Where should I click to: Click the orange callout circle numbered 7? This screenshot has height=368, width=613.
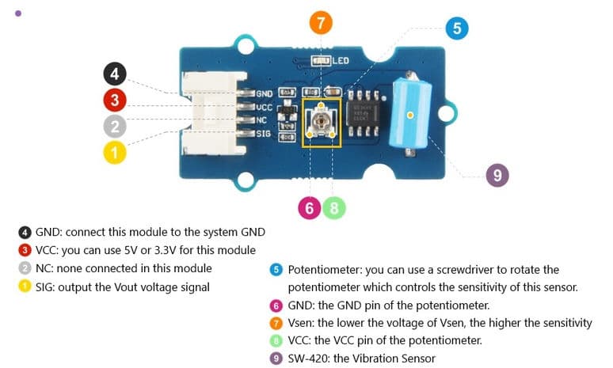[x=320, y=23]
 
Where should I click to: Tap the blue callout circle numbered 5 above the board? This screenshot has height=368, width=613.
[x=456, y=29]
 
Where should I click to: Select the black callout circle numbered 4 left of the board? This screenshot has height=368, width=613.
[x=116, y=74]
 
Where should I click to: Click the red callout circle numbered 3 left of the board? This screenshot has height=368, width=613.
[x=116, y=100]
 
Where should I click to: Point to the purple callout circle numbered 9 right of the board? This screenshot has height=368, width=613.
[x=497, y=175]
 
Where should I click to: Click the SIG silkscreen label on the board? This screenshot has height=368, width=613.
[x=264, y=134]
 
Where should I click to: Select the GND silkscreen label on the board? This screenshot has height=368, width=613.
[x=264, y=93]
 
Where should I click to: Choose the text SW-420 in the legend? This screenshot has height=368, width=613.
[x=308, y=358]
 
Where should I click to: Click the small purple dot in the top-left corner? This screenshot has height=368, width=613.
[x=18, y=13]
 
